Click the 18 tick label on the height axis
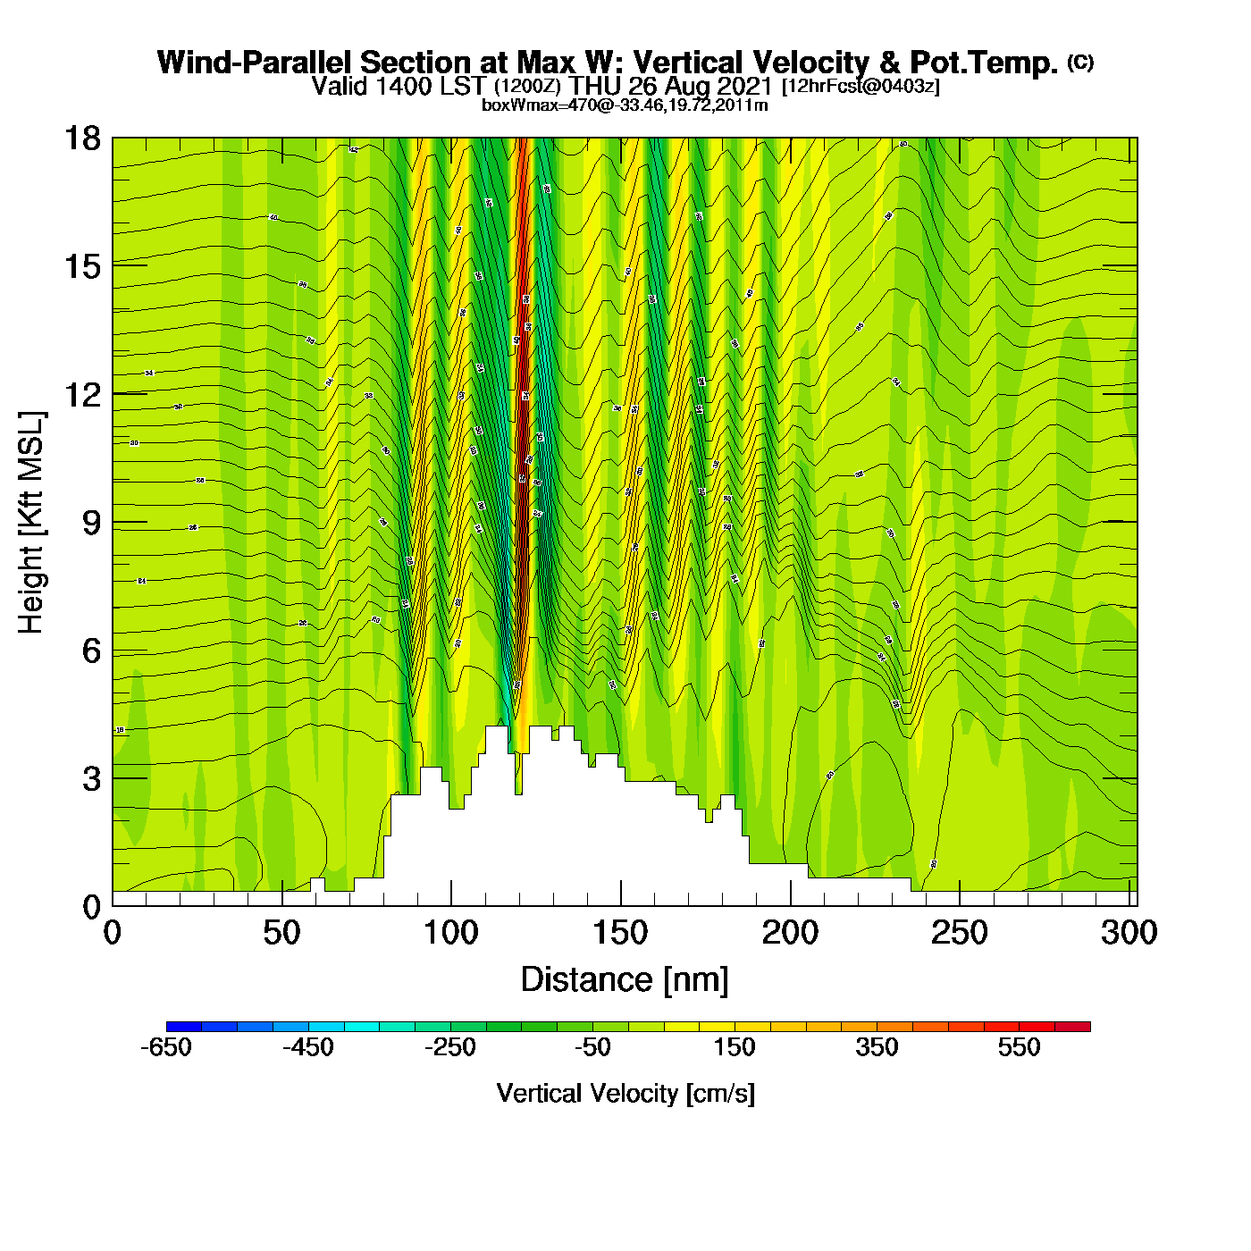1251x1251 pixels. (82, 139)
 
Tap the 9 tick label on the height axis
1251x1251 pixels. (91, 523)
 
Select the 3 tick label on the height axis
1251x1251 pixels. (91, 779)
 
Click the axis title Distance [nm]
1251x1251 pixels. (625, 980)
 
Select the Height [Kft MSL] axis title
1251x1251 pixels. (31, 523)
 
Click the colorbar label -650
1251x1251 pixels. (166, 1047)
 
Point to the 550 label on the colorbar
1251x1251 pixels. (1019, 1047)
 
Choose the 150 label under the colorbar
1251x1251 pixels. (735, 1047)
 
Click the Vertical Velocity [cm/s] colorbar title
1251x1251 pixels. (625, 1094)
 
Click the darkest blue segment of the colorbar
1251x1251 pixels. (184, 1027)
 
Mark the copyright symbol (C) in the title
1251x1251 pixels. (1080, 62)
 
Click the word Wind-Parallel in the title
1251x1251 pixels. (256, 63)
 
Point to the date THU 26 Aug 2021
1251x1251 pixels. (670, 86)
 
